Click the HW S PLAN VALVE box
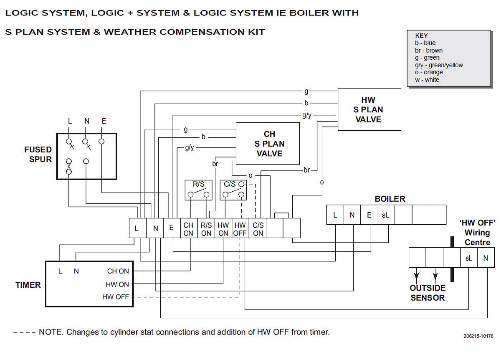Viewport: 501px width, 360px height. tap(369, 109)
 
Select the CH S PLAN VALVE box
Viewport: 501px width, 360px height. tap(268, 144)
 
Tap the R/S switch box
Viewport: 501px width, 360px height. tap(198, 190)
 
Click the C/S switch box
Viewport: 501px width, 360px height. tap(233, 190)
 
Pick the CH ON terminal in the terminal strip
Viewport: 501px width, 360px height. tap(188, 229)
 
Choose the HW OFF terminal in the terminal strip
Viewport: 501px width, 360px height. tap(240, 229)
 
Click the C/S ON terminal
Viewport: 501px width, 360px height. tap(258, 229)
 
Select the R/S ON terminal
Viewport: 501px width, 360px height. tap(206, 229)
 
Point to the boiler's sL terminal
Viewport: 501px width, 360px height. tap(385, 215)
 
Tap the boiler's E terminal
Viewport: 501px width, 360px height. tap(369, 215)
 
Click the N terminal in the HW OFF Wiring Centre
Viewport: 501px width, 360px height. tap(486, 258)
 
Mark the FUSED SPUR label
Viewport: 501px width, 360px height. tap(38, 154)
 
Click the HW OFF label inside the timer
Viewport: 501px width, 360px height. tap(116, 297)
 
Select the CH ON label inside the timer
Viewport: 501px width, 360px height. tap(118, 271)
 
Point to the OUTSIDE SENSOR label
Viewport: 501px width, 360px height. tap(428, 293)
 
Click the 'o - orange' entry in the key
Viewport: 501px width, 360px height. tap(429, 72)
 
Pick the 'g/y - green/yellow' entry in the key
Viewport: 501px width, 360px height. tap(439, 65)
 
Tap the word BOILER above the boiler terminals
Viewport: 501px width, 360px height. tap(390, 199)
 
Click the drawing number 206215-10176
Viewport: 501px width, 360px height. tap(478, 336)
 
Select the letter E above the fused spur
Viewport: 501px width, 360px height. tap(104, 121)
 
